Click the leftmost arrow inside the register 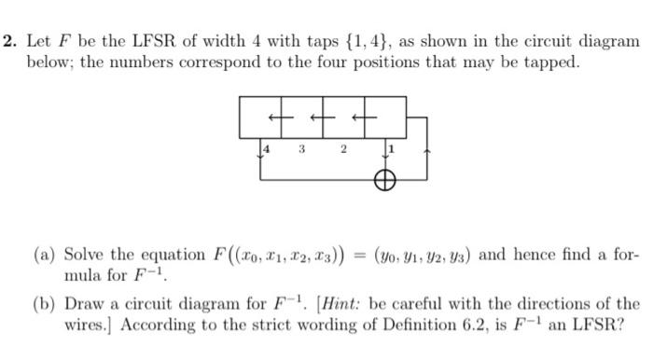[274, 117]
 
